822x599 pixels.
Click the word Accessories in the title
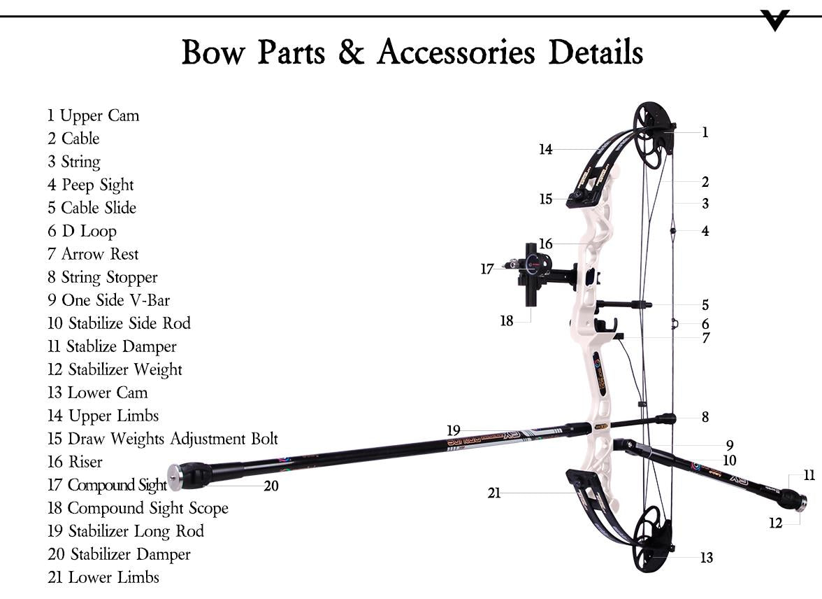pos(456,52)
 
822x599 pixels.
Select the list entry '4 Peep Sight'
pos(90,185)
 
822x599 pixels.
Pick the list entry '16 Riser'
pos(75,462)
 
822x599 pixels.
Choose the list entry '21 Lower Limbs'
pos(103,577)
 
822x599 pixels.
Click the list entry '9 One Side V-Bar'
pos(108,300)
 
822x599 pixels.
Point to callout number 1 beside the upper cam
pos(705,132)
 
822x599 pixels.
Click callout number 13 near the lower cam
pos(707,558)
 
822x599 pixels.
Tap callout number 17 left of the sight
pos(487,269)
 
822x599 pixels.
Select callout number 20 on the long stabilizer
pos(271,486)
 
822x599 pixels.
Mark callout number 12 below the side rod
pos(776,523)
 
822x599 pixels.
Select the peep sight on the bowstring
pos(672,230)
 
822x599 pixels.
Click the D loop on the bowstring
pos(675,323)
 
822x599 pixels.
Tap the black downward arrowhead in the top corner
pos(775,20)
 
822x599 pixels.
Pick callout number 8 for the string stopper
pos(705,417)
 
